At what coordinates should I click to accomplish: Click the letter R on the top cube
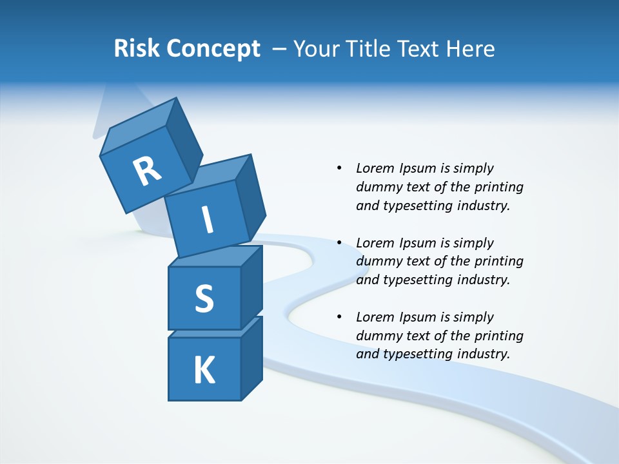click(x=147, y=171)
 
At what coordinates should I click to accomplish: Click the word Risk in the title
click(x=136, y=49)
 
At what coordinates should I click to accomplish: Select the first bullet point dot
click(x=339, y=168)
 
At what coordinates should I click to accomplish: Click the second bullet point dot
click(x=339, y=243)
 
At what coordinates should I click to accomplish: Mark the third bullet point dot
click(x=339, y=317)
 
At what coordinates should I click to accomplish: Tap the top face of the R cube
click(x=139, y=126)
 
